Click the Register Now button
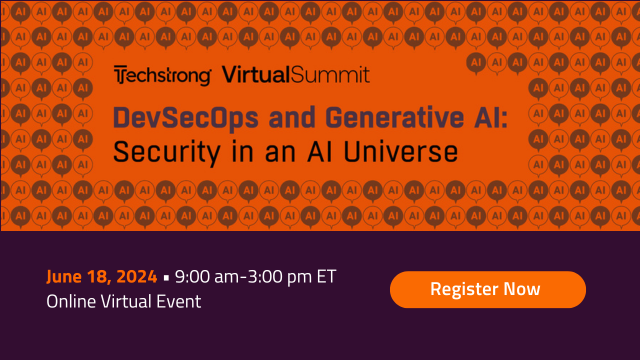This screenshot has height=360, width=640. point(487,289)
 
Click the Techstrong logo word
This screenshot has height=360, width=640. point(163,75)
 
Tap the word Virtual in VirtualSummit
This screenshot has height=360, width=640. point(255,75)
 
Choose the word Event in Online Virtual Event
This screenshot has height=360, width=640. point(180,301)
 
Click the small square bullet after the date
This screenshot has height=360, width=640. point(167,277)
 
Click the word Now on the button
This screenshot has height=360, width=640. point(522,289)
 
